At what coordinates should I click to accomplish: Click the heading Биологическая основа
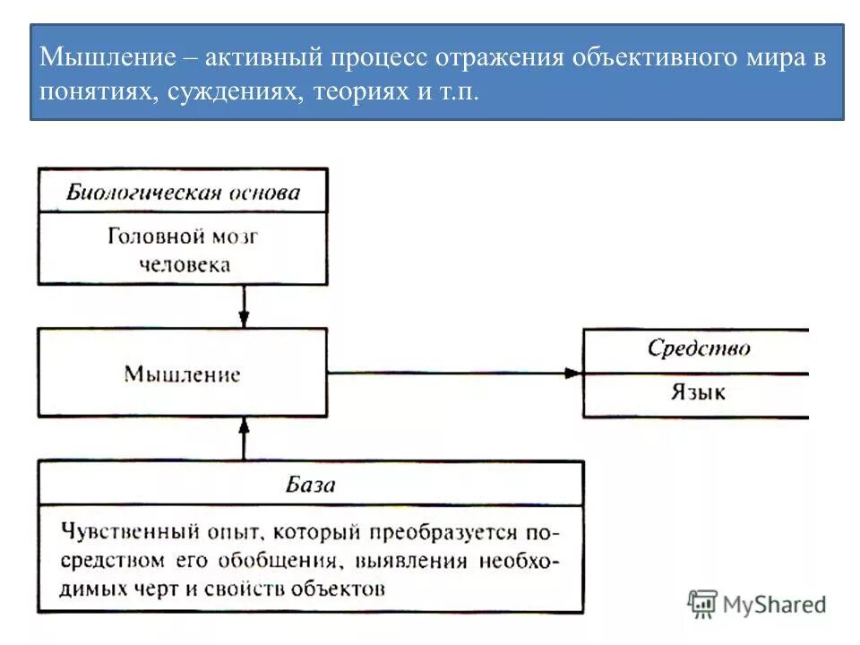183,193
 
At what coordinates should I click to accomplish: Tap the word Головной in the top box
156,236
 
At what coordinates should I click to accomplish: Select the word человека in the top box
183,264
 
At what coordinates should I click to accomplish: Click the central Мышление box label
182,374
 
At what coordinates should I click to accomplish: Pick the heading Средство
699,348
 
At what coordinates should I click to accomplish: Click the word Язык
699,392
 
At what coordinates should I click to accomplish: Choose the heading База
310,485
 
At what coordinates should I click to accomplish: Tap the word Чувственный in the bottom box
121,532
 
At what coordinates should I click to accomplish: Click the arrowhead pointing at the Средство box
573,373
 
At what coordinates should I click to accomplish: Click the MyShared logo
757,605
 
